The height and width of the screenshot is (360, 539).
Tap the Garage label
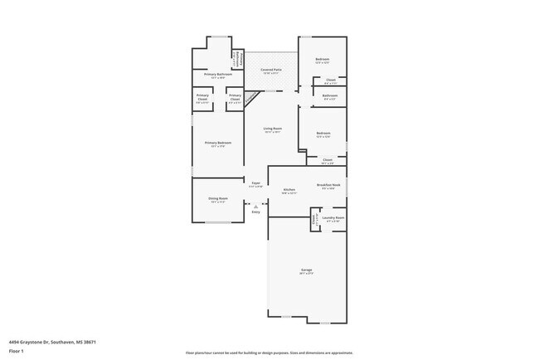click(306, 271)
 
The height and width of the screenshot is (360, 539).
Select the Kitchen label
click(289, 191)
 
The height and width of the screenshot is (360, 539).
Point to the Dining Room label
click(218, 199)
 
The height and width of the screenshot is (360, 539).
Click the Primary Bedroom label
click(218, 143)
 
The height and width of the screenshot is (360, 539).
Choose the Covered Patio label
click(270, 71)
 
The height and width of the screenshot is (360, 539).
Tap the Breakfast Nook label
click(326, 186)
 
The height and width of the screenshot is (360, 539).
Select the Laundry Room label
click(335, 220)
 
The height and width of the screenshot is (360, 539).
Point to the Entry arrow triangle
click(256, 205)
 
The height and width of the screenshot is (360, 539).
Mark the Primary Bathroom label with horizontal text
click(218, 75)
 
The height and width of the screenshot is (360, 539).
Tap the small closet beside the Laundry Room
click(314, 221)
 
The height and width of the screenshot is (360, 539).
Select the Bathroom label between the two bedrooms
click(329, 97)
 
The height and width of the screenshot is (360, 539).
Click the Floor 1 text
click(17, 352)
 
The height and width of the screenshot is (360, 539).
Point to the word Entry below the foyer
click(256, 212)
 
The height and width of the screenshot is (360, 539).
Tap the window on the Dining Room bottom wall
click(218, 222)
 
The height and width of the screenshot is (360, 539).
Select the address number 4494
click(15, 342)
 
